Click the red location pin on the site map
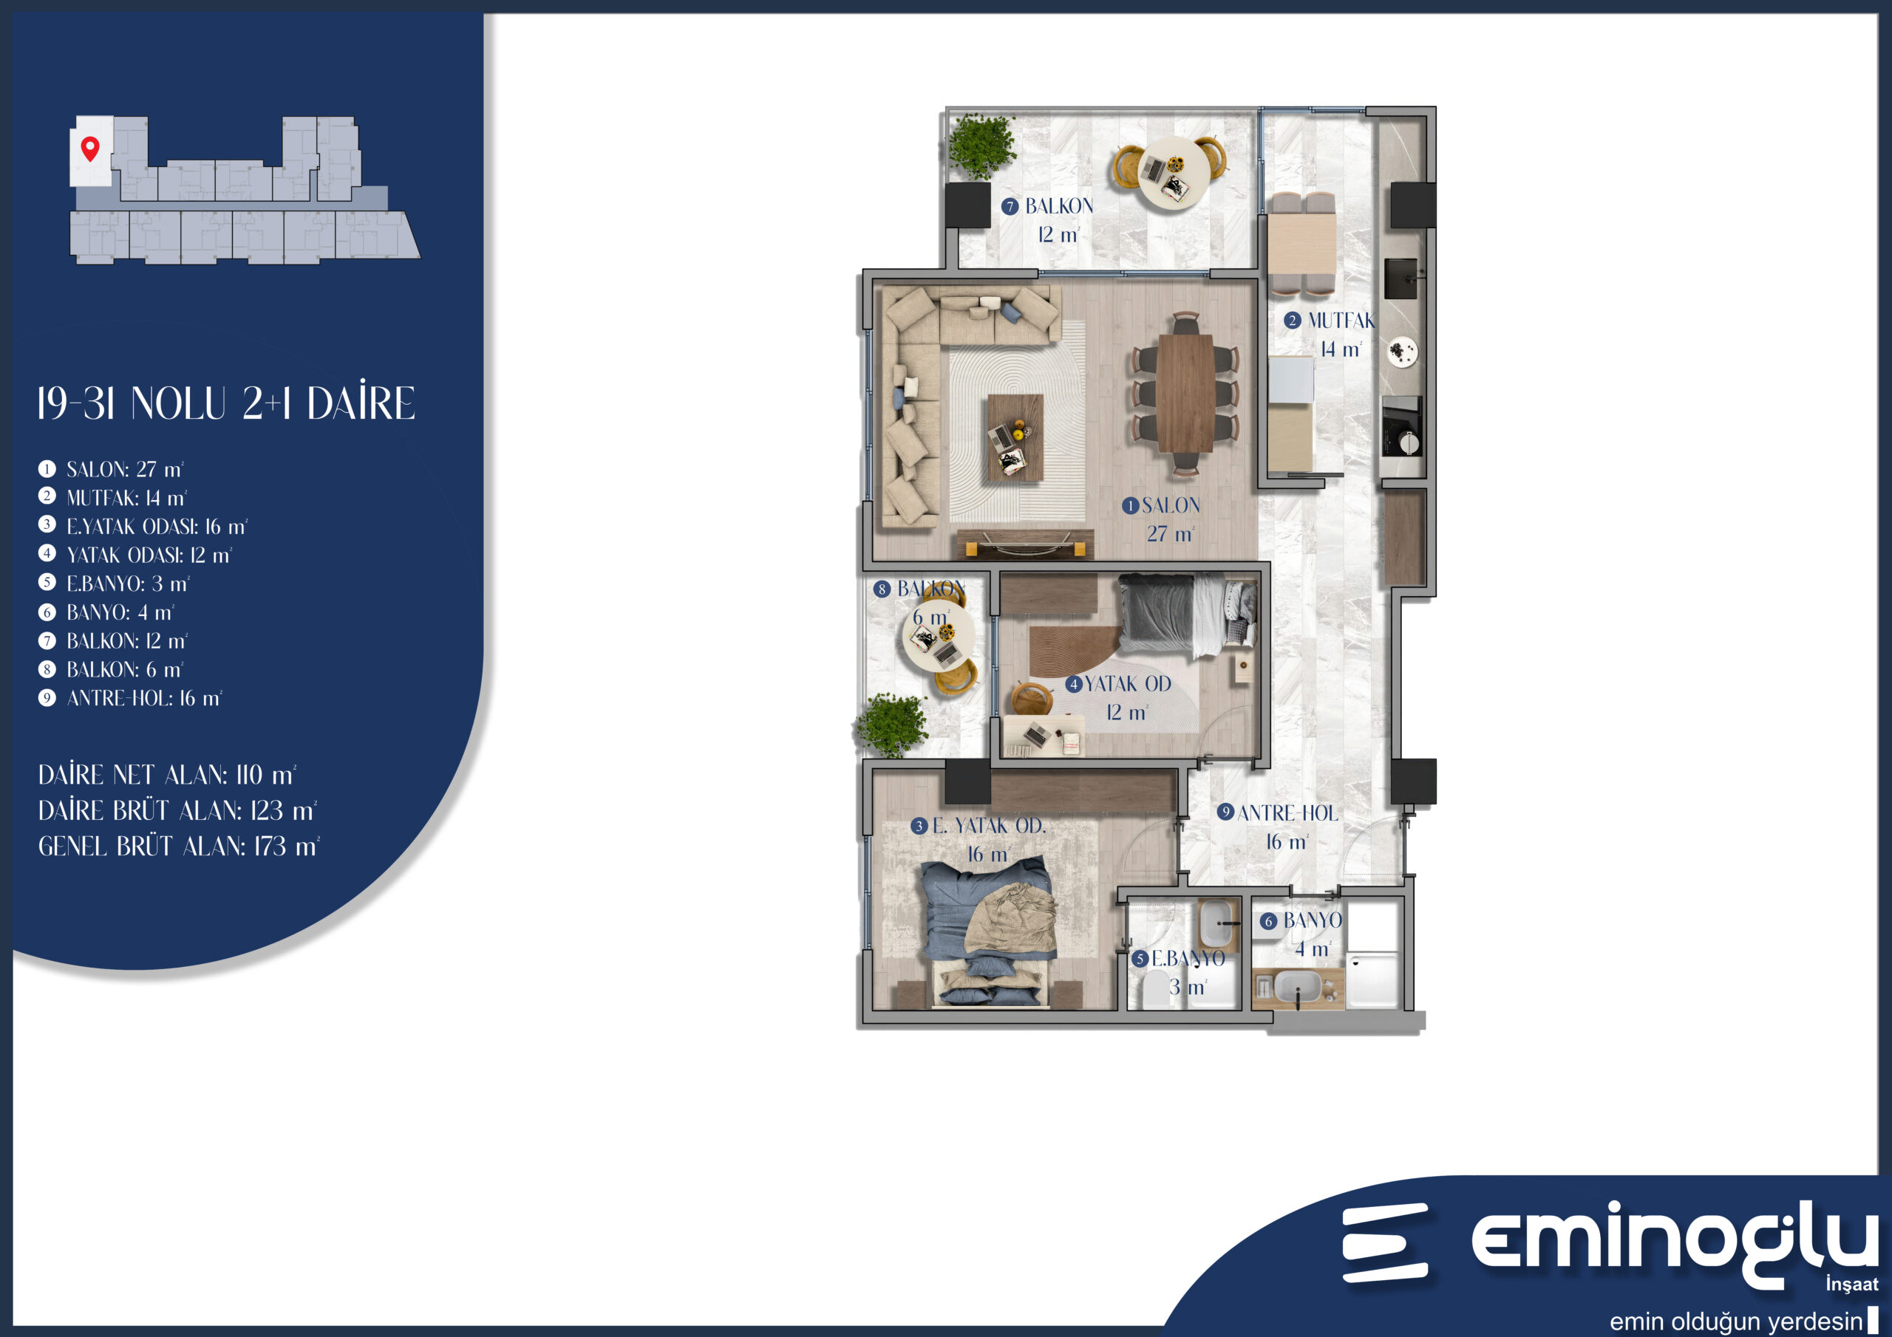[x=90, y=148]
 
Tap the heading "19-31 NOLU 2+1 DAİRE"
[x=227, y=403]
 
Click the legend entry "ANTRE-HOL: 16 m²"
[x=130, y=699]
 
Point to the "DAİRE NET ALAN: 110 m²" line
[x=167, y=775]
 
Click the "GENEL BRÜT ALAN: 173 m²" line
[x=179, y=847]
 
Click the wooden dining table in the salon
[x=1185, y=393]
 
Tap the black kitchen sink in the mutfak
[x=1400, y=278]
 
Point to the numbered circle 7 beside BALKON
[x=1010, y=207]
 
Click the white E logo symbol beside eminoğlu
[x=1384, y=1243]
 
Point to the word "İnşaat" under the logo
[x=1851, y=1284]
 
